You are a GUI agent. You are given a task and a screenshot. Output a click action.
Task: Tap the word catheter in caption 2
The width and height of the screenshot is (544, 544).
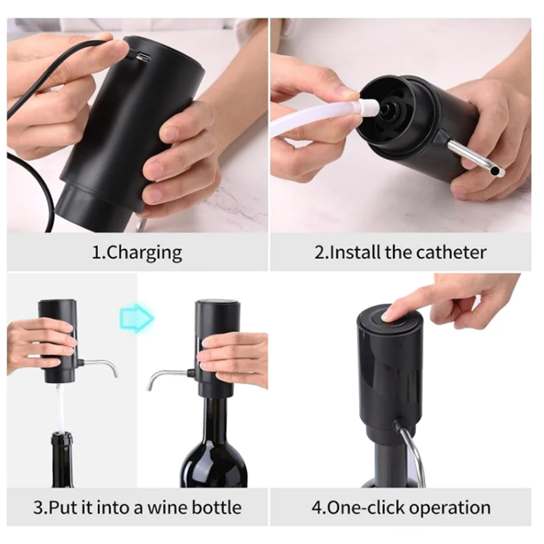[451, 254]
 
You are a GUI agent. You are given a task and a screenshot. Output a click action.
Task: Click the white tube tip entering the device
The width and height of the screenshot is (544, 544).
[369, 107]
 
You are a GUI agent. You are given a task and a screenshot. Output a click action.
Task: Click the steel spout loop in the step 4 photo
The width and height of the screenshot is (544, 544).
[416, 449]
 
